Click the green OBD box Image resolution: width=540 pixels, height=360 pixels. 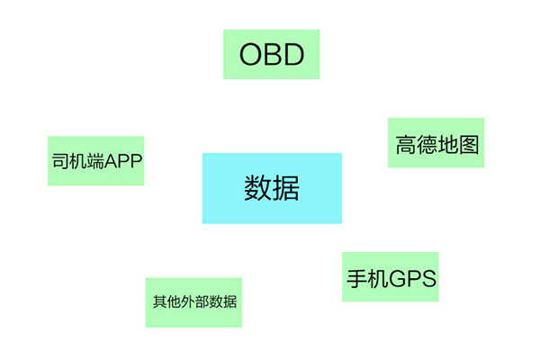coord(272,54)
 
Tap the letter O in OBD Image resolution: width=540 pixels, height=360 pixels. coord(250,54)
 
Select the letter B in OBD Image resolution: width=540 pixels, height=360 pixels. coord(273,54)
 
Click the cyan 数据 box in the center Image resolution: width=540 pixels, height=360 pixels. coord(272,188)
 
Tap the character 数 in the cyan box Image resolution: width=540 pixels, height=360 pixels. coord(257,188)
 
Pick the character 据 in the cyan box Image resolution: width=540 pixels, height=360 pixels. coord(285,188)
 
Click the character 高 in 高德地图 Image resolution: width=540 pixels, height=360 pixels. coord(406,144)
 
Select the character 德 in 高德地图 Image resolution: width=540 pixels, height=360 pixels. coord(427,144)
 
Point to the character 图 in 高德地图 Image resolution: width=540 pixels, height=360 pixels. coord(469,144)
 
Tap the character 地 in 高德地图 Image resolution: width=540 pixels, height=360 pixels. coord(448,144)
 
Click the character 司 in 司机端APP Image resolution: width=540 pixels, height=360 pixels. coord(60,161)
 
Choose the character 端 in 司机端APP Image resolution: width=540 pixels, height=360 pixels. coord(95,161)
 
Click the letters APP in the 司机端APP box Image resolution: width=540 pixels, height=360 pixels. coord(123,161)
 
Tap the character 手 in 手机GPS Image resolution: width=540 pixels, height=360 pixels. coord(356,278)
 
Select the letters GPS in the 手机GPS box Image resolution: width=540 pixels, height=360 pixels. coord(413,278)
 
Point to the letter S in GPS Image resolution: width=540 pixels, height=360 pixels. coord(428,278)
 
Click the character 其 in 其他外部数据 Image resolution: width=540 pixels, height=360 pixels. coord(160,301)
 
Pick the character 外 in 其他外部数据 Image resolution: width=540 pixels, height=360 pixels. coord(188,301)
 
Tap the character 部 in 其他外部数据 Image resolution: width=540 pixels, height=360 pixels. coord(202,301)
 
